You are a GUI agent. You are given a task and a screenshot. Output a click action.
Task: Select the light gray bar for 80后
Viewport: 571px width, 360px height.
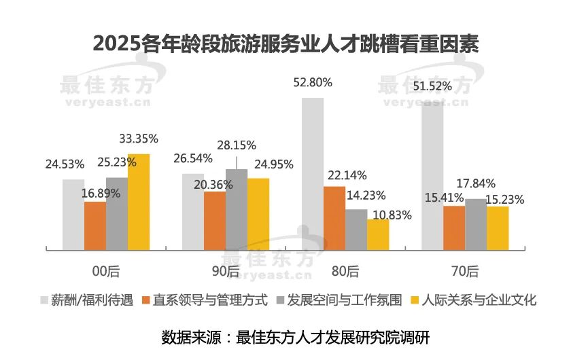coord(313,174)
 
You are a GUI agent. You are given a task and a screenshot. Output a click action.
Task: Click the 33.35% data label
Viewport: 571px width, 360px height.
coord(139,139)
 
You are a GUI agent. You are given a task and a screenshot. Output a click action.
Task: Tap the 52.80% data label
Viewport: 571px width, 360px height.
coord(313,83)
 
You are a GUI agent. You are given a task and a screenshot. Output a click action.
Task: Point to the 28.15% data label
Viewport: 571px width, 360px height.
coord(237,145)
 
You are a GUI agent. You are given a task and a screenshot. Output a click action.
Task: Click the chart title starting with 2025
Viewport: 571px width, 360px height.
coord(285,43)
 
